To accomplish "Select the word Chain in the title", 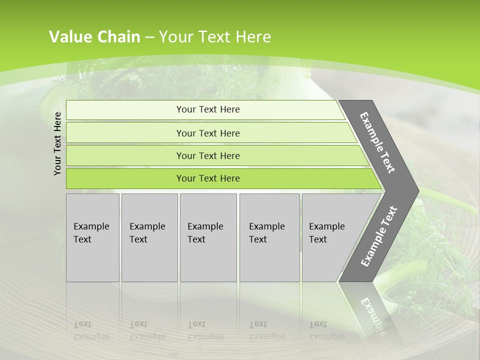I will click(119, 37).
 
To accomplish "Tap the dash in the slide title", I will click(149, 37).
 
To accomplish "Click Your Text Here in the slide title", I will click(215, 37).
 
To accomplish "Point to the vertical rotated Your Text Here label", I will click(57, 143).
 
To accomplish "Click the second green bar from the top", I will click(207, 133).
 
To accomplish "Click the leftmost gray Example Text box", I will click(92, 237).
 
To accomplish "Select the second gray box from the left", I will click(149, 237).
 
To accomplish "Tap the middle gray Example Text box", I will click(208, 237).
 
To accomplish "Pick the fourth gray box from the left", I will click(269, 237).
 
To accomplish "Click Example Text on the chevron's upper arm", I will click(377, 143).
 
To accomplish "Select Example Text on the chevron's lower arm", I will click(379, 236).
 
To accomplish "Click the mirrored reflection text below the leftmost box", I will click(91, 330).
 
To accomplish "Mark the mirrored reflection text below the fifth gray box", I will click(326, 330).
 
